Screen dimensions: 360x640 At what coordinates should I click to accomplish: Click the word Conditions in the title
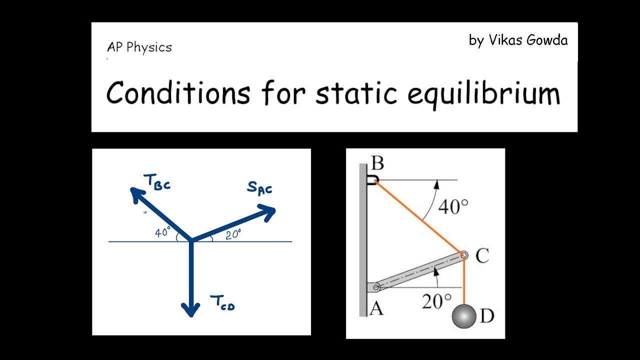click(178, 93)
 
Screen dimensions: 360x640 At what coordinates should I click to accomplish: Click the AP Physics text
click(139, 47)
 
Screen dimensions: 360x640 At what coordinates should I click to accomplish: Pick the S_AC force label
click(259, 189)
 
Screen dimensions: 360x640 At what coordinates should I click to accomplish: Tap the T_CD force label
click(222, 303)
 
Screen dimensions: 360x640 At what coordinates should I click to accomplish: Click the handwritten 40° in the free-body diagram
click(162, 232)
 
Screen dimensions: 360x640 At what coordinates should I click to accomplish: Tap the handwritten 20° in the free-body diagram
click(233, 234)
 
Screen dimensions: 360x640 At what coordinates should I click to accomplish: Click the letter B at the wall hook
click(377, 163)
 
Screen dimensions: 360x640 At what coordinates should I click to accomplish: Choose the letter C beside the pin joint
click(482, 256)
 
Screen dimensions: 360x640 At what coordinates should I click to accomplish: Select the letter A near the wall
click(376, 308)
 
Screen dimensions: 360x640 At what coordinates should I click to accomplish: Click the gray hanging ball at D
click(464, 316)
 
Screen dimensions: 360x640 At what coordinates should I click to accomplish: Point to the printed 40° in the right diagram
click(453, 206)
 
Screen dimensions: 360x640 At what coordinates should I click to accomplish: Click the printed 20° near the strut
click(436, 301)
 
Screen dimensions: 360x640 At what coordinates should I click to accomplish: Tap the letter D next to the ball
click(486, 315)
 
